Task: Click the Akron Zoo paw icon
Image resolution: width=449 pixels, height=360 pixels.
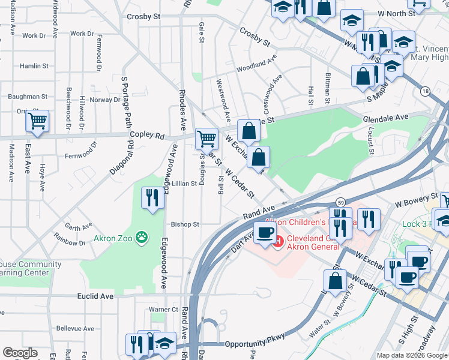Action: pyautogui.click(x=142, y=238)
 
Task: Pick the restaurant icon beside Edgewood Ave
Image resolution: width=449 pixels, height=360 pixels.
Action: pyautogui.click(x=152, y=197)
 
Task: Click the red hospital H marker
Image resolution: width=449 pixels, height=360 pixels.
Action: pyautogui.click(x=277, y=241)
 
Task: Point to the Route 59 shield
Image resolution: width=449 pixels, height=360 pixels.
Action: pyautogui.click(x=340, y=202)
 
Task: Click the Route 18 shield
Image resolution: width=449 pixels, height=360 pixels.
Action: pyautogui.click(x=426, y=91)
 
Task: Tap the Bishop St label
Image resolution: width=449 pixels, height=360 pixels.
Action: pyautogui.click(x=185, y=224)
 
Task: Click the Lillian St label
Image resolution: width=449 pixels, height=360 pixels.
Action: pyautogui.click(x=184, y=183)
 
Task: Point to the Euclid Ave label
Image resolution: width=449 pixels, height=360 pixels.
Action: pyautogui.click(x=95, y=296)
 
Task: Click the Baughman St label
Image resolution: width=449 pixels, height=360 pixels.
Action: pyautogui.click(x=27, y=96)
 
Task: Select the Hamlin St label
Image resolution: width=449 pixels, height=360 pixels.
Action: pyautogui.click(x=34, y=66)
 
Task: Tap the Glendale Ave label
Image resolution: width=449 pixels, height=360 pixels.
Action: pyautogui.click(x=385, y=118)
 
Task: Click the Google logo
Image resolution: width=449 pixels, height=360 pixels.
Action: pyautogui.click(x=20, y=353)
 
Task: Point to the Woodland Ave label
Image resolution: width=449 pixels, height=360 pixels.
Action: pyautogui.click(x=256, y=63)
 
